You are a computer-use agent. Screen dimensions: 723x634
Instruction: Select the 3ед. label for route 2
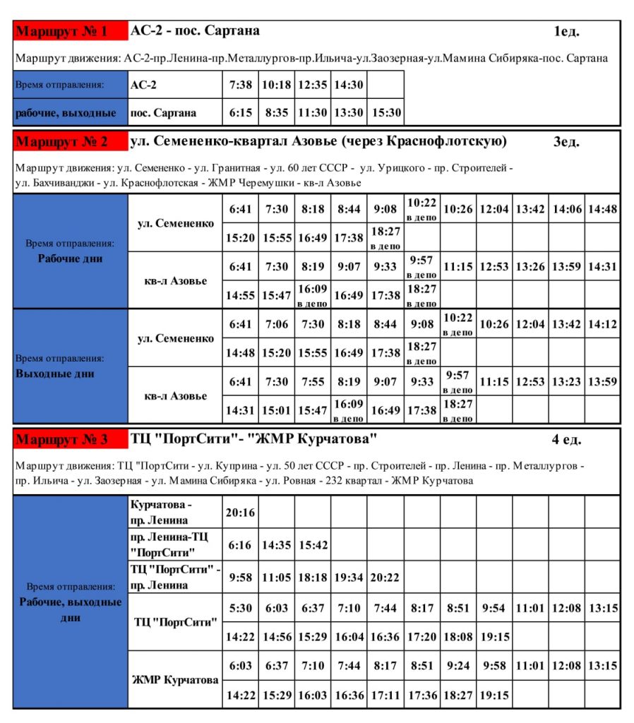tap(566, 142)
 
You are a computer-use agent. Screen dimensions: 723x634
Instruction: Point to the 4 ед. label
tap(566, 440)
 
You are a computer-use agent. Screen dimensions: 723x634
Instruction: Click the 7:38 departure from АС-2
tap(241, 85)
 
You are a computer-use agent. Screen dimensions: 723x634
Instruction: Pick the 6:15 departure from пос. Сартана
tap(241, 112)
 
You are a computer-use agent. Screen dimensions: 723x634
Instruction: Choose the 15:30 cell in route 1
tap(385, 112)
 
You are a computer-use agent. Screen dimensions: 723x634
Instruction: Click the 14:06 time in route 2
tap(566, 208)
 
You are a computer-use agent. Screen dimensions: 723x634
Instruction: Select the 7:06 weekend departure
tap(277, 324)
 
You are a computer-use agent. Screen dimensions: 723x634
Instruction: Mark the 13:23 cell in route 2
tap(566, 382)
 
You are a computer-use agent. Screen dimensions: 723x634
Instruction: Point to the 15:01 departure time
tap(277, 410)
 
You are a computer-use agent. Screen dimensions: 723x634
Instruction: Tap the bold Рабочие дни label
tap(70, 258)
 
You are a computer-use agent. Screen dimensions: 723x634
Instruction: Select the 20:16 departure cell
tap(241, 513)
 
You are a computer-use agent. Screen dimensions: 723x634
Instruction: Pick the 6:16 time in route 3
tap(241, 545)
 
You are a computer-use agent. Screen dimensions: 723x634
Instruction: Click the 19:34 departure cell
tap(349, 578)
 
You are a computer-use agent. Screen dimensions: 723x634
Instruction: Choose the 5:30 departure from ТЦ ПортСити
tap(241, 608)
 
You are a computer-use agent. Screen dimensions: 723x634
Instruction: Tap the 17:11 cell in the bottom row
tap(385, 695)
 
